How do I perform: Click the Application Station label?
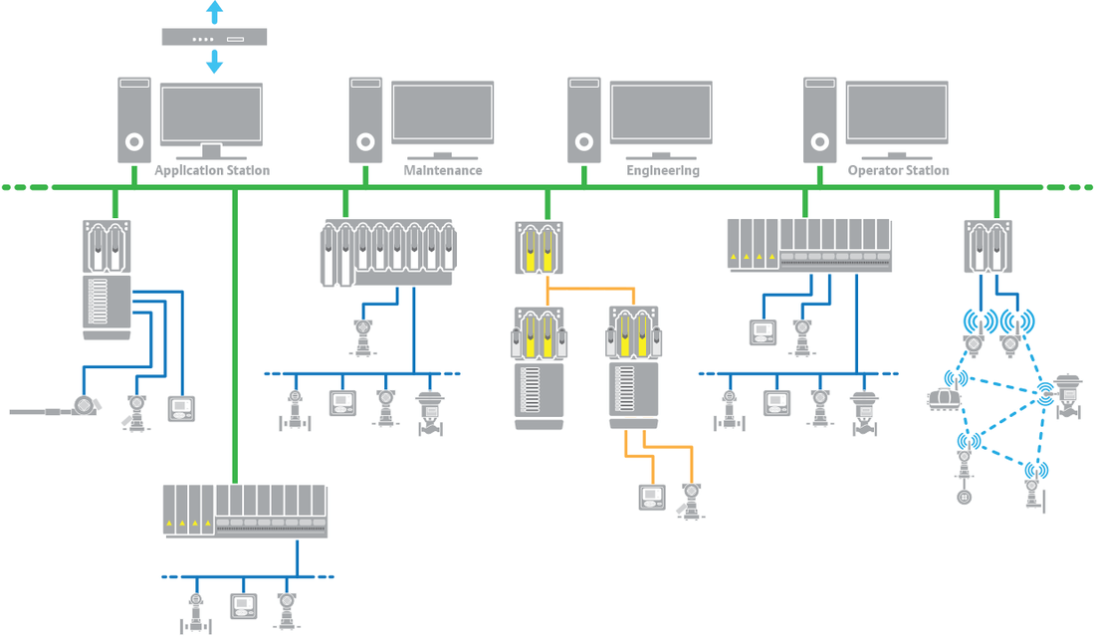click(x=212, y=171)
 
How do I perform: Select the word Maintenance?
click(x=443, y=171)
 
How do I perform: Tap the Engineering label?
click(x=663, y=171)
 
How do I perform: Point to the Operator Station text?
click(x=898, y=171)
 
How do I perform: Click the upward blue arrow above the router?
click(x=214, y=13)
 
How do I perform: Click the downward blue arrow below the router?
click(x=214, y=62)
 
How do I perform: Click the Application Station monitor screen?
click(x=211, y=114)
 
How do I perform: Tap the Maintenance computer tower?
click(x=365, y=119)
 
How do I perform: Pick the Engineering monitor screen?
click(x=660, y=111)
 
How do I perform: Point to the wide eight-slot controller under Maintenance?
click(x=388, y=252)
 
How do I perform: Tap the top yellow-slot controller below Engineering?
click(x=539, y=249)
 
